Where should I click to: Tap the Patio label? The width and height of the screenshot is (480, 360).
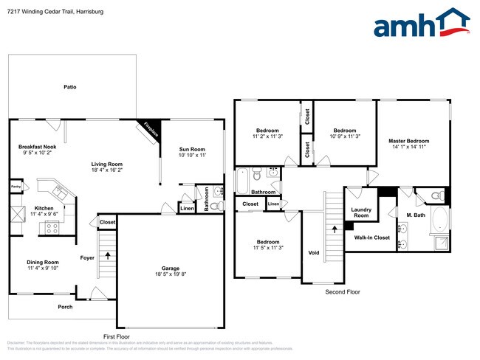coord(70,87)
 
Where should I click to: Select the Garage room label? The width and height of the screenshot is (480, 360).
coord(171,269)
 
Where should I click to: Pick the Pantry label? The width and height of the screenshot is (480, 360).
coord(16,187)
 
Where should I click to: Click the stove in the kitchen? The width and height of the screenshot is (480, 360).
coord(52,228)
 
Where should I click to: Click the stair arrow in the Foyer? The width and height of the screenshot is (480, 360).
coord(109,256)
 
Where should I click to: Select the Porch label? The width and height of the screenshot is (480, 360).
coord(65,307)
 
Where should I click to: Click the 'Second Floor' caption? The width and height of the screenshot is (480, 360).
coord(343,292)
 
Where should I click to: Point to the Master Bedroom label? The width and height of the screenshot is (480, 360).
coord(408,141)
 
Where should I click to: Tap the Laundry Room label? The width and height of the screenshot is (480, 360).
coord(360,212)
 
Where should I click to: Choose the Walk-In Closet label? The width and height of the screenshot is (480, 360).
coord(371,238)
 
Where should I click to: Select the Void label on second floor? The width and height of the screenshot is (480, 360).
coord(314,253)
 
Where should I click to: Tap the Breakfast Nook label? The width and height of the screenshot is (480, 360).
coord(37,147)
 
